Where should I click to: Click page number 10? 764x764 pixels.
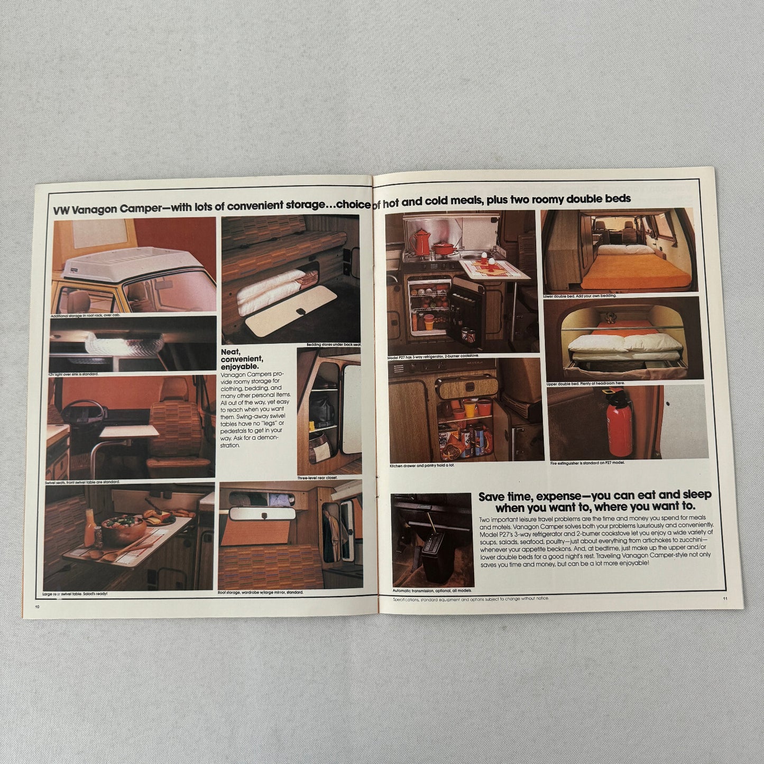point(37,606)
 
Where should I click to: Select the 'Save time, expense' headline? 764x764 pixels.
point(594,501)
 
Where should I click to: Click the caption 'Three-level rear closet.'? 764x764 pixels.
point(317,477)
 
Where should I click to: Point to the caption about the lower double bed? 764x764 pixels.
point(579,296)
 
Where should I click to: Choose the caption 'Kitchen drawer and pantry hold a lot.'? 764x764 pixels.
point(422,465)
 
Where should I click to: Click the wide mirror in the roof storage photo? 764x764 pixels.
point(262,513)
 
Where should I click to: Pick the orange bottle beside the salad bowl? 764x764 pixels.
point(90,520)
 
